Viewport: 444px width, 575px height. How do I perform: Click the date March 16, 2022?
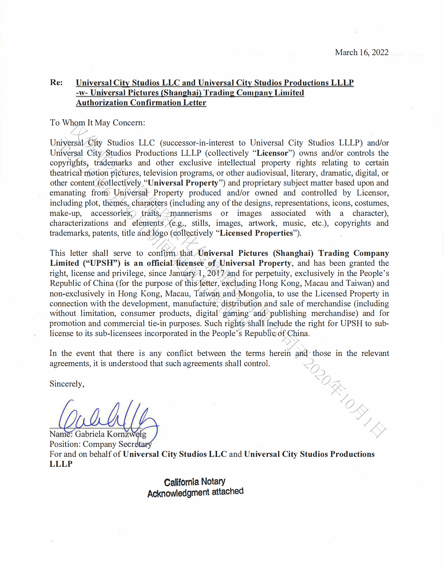(x=361, y=52)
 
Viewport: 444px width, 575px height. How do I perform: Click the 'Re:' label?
(x=56, y=82)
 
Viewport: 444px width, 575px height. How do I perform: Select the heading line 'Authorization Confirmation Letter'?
(x=141, y=102)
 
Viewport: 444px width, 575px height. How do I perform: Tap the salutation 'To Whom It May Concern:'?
(x=97, y=123)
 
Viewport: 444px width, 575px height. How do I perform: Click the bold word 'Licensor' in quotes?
(x=272, y=153)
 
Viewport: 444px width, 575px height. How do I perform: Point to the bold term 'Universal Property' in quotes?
(x=183, y=183)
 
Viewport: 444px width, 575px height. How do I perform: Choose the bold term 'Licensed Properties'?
(x=256, y=233)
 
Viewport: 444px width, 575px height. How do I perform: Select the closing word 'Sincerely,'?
(x=67, y=384)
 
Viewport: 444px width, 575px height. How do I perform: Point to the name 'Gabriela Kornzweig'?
(x=110, y=434)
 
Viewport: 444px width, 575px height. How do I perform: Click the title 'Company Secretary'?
(x=117, y=444)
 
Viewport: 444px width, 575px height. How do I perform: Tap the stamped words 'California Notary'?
(x=195, y=482)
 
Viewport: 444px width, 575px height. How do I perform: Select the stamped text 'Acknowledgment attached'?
(x=195, y=493)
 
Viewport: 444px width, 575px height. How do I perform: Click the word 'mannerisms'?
(x=191, y=213)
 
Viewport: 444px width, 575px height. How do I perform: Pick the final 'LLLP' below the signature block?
(x=61, y=464)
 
